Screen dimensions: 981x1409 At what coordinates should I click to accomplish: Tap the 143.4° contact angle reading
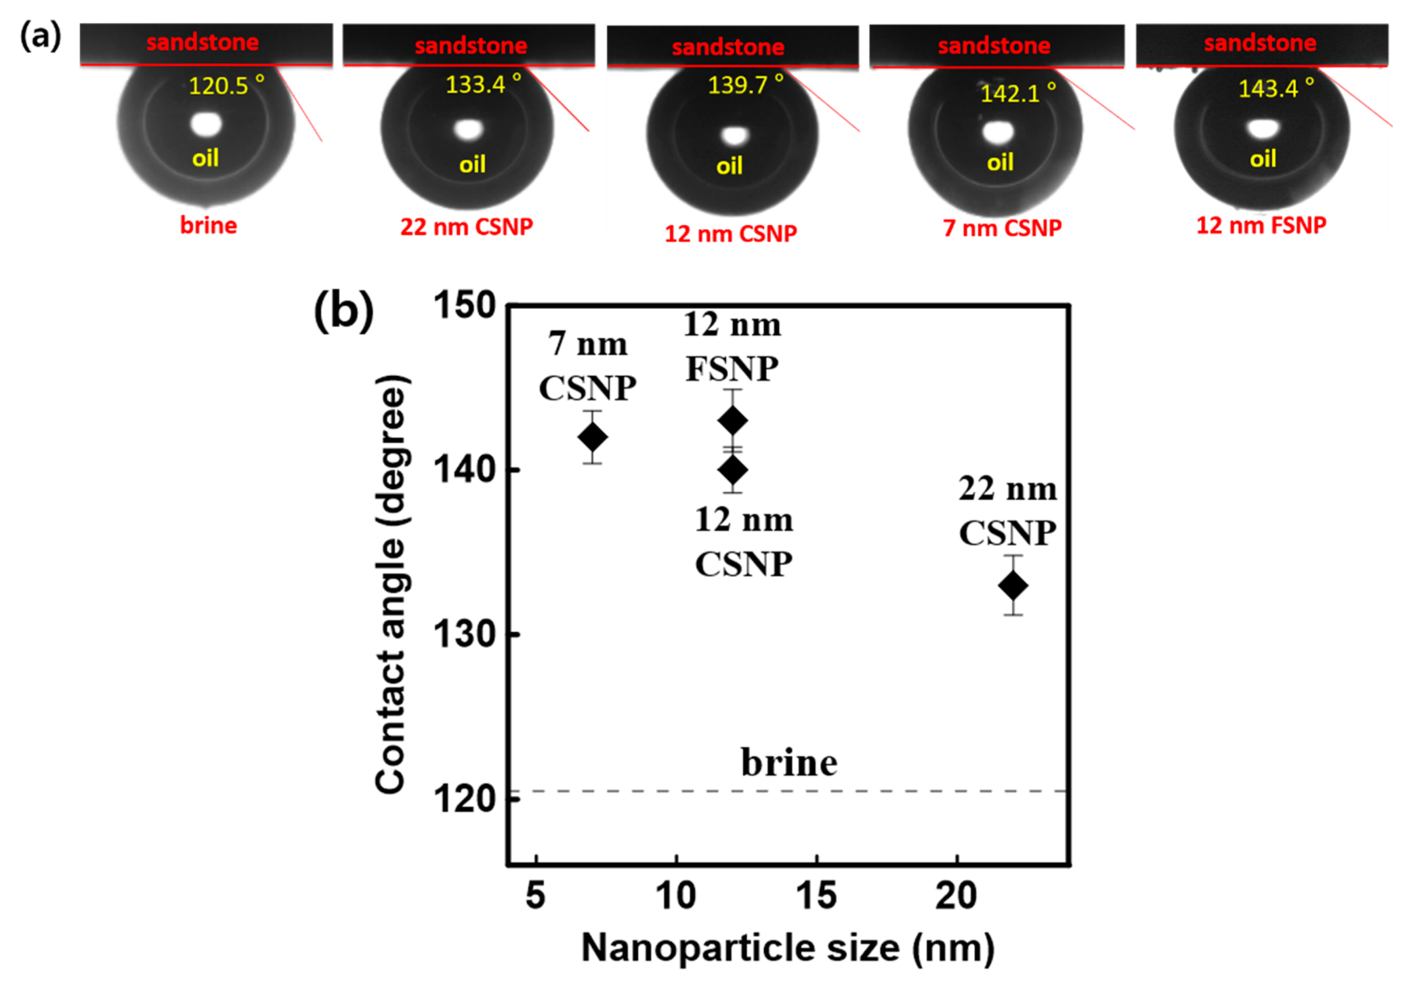point(1276,88)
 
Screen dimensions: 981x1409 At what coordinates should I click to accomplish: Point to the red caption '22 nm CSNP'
point(466,227)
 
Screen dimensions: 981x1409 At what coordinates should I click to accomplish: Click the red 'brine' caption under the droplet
point(208,225)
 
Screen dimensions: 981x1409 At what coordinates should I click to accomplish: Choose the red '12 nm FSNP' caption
point(1260,225)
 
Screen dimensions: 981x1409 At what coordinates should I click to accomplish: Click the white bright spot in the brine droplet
point(206,124)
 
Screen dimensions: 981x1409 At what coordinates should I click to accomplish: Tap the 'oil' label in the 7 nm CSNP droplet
point(1000,163)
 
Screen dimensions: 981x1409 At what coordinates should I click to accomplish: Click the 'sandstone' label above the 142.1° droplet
point(994,45)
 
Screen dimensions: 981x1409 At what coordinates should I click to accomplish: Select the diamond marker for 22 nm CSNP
point(1013,585)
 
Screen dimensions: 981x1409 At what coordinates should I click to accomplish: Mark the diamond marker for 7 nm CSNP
point(592,437)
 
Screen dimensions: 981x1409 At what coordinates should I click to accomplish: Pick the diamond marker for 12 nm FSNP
point(732,421)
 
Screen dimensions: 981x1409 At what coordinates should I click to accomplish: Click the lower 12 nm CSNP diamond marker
point(732,471)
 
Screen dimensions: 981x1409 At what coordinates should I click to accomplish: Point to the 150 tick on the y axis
point(465,305)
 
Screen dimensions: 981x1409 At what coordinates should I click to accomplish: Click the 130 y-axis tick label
point(465,634)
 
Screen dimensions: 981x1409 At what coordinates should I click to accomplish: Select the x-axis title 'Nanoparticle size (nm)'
point(787,948)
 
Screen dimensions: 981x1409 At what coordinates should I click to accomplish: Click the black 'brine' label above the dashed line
point(789,763)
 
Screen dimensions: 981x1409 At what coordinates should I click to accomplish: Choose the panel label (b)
point(343,311)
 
